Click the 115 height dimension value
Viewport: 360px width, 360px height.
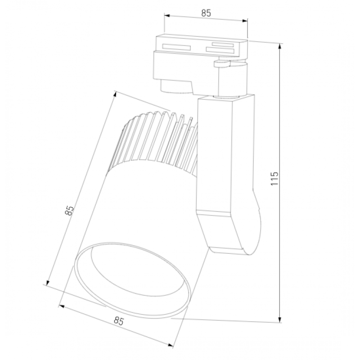274,178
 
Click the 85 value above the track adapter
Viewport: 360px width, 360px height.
206,13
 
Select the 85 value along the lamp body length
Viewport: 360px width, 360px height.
70,210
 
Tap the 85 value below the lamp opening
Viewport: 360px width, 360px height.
118,321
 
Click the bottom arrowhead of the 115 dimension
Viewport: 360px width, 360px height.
279,320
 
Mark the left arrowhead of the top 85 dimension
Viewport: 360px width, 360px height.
167,16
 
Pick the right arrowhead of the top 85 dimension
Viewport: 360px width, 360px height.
245,21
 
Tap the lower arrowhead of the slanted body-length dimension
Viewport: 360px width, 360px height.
48,283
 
